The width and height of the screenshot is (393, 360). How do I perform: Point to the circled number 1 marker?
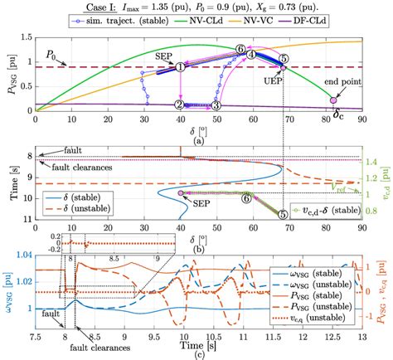[181, 67]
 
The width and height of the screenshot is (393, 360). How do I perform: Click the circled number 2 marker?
[181, 105]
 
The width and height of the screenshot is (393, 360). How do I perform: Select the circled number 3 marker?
[216, 105]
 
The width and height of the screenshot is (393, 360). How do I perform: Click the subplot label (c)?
[196, 357]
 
